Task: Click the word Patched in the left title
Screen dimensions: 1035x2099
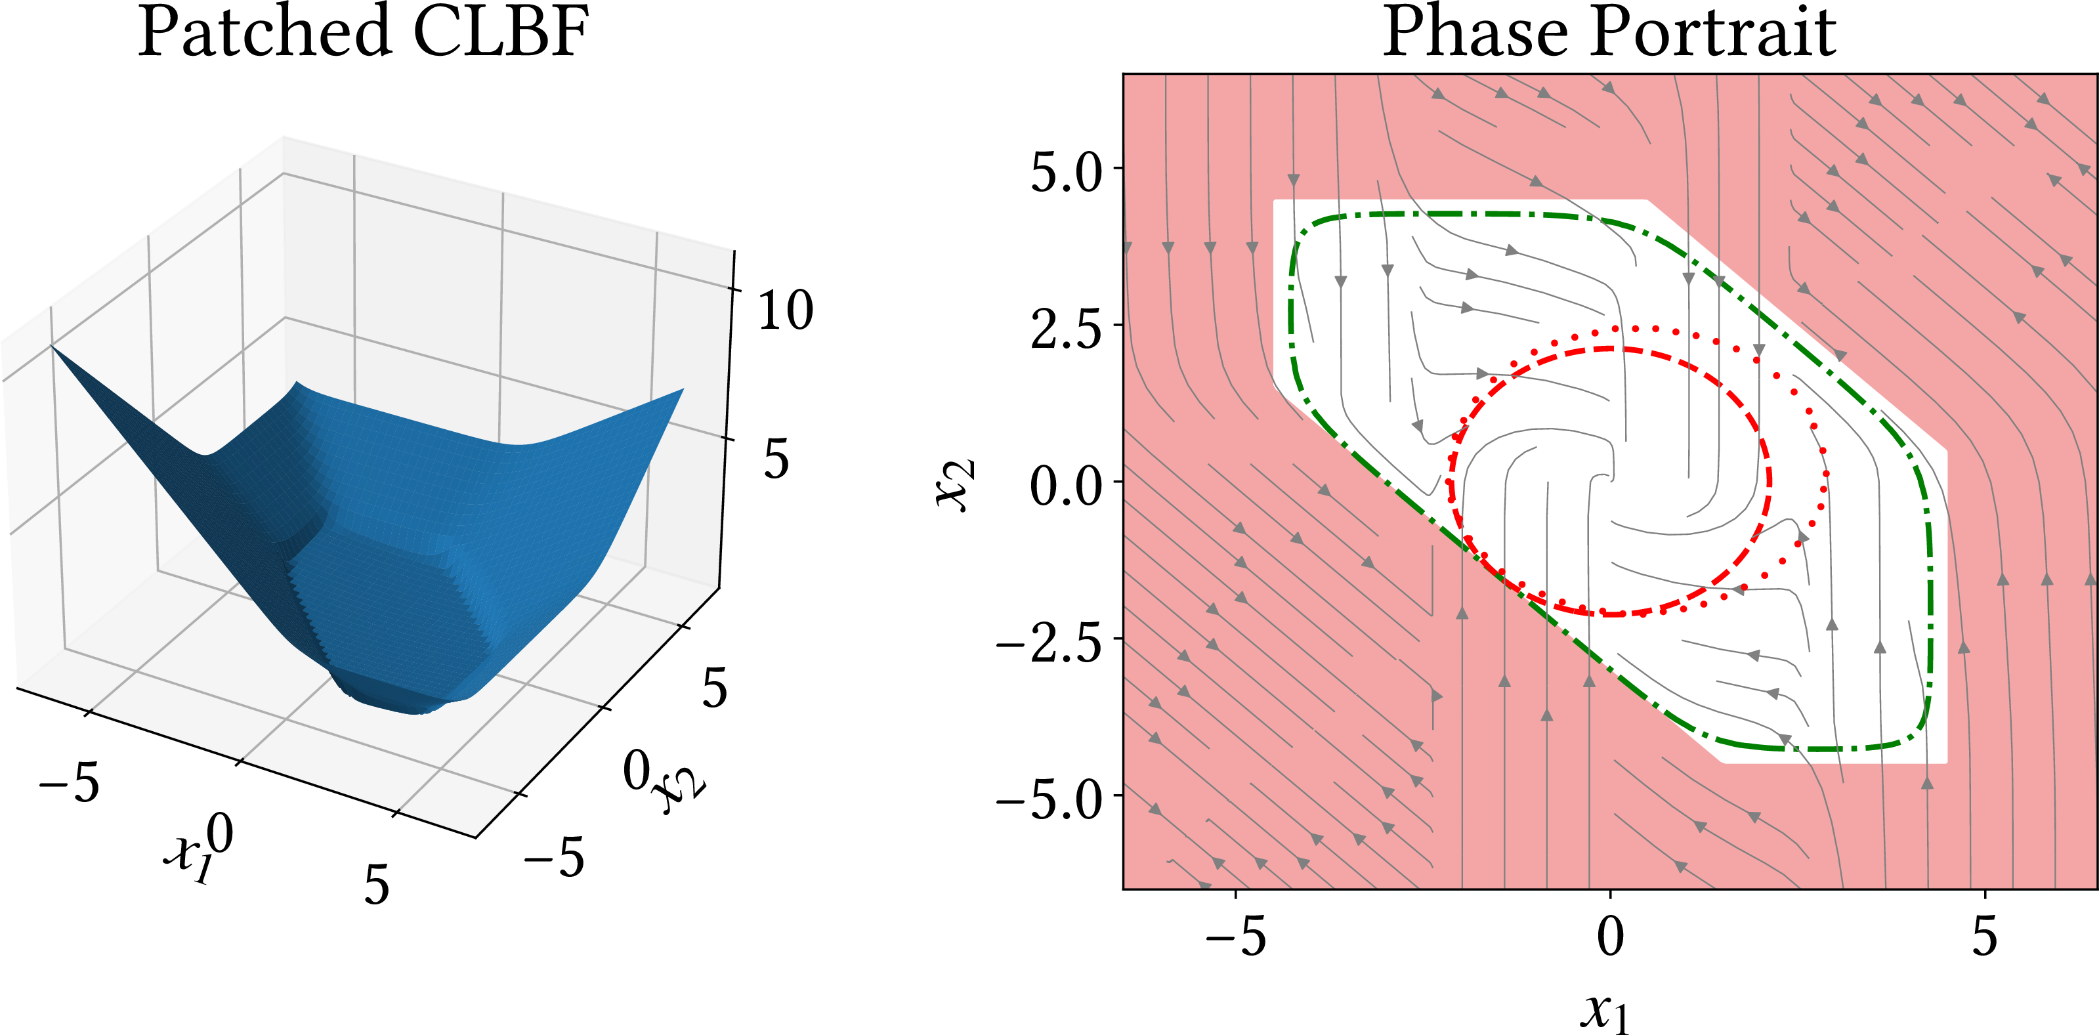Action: pyautogui.click(x=264, y=33)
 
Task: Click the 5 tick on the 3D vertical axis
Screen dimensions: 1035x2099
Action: pyautogui.click(x=776, y=458)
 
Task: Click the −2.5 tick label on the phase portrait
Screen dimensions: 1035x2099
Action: pyautogui.click(x=1049, y=644)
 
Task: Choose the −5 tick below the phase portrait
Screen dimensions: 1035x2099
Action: pyautogui.click(x=1235, y=937)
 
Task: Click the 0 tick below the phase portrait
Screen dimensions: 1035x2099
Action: pyautogui.click(x=1610, y=937)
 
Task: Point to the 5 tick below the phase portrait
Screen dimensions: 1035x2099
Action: pyautogui.click(x=1984, y=937)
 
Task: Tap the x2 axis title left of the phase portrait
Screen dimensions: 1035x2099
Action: pyautogui.click(x=955, y=486)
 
